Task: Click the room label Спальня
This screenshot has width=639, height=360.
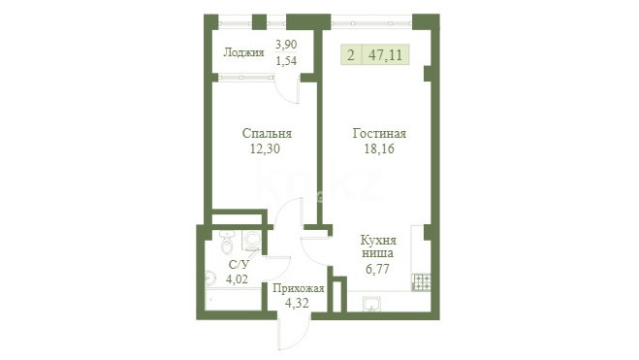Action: point(267,133)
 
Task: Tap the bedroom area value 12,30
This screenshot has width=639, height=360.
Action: point(265,148)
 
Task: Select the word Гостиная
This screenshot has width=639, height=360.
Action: point(379,133)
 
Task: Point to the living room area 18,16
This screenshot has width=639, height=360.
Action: point(379,148)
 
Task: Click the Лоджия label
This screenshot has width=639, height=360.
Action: point(244,52)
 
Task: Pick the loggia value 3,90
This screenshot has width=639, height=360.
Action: point(286,44)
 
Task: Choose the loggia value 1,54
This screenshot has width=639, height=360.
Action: point(286,61)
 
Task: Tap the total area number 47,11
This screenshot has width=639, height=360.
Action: point(385,54)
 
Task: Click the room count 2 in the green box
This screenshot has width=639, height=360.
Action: point(351,54)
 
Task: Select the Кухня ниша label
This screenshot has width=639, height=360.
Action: point(378,246)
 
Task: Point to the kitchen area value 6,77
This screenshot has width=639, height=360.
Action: point(377,269)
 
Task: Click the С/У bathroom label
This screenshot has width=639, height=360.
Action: point(239,265)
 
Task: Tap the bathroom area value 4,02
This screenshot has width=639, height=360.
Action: point(238,279)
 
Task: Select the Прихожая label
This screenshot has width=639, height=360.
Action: point(299,288)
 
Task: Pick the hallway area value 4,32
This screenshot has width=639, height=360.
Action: point(297,303)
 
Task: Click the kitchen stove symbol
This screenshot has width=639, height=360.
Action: point(422,281)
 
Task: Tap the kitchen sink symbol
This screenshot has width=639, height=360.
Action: point(371,304)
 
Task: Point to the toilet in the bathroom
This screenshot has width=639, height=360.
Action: point(227,243)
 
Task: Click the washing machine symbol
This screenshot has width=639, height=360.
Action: point(251,240)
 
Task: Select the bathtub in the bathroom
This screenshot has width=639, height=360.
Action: point(233,299)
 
